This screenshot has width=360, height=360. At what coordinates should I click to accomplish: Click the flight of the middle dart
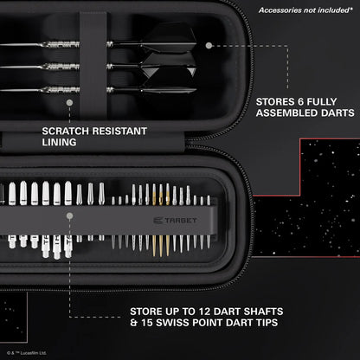pyautogui.click(x=164, y=65)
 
